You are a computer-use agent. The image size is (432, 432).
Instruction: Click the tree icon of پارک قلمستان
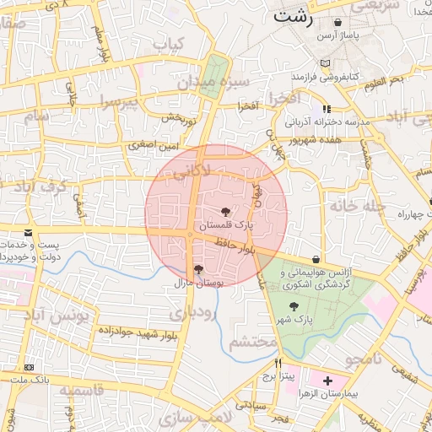[x=225, y=212]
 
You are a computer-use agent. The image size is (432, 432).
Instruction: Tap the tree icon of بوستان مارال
[x=198, y=270]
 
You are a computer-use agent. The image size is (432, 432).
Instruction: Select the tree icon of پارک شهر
[x=294, y=307]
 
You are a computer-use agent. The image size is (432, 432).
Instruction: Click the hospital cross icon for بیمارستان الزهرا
[x=327, y=381]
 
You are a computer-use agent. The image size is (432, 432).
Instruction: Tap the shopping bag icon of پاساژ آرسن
[x=338, y=23]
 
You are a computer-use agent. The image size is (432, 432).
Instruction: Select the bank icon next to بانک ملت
[x=30, y=368]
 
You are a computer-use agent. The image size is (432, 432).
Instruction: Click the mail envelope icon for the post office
[x=29, y=232]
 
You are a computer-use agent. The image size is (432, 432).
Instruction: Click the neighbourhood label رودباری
[x=193, y=312]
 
